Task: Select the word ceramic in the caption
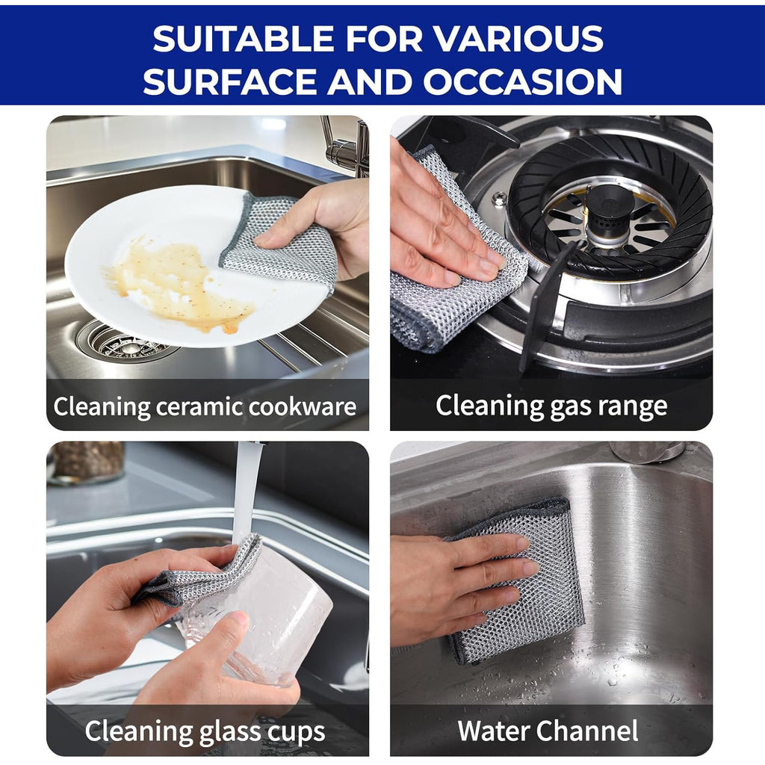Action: [x=201, y=407]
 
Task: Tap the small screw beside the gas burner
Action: [x=499, y=199]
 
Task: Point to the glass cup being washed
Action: [x=261, y=613]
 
